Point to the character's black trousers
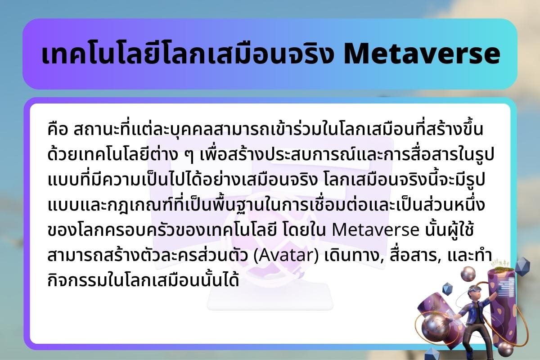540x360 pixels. [468, 333]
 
